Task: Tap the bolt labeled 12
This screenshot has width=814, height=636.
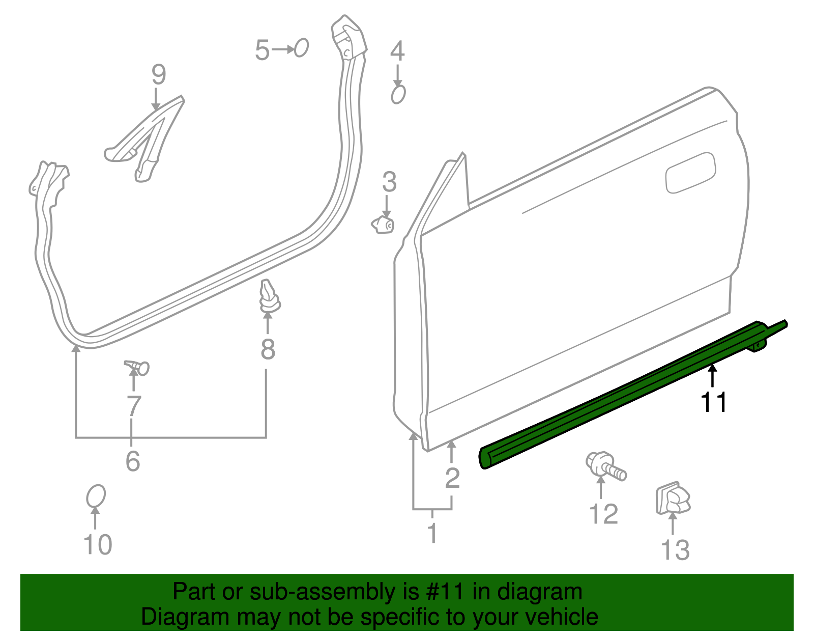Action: point(605,465)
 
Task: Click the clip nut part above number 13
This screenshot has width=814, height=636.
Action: point(673,499)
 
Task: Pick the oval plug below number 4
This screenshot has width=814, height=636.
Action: point(398,95)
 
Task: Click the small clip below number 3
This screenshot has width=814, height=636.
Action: point(383,224)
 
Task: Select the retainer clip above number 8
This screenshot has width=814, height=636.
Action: point(268,297)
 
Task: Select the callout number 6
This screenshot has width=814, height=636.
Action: point(133,461)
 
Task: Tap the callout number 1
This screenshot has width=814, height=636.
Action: point(432,533)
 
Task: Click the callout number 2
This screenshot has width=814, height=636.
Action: point(452,478)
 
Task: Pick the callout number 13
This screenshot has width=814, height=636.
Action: point(675,550)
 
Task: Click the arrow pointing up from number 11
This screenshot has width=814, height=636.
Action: point(713,377)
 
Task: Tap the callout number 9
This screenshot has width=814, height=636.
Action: point(158,74)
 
